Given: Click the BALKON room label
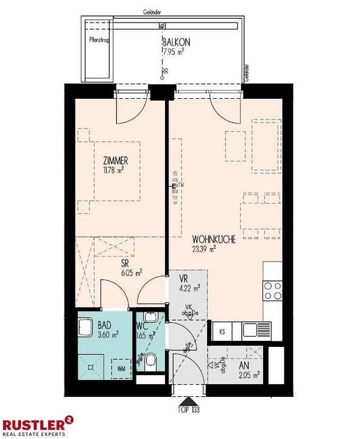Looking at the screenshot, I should point(176,43).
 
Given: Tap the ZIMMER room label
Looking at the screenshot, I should point(115,161).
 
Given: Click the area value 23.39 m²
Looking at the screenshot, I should point(205,249).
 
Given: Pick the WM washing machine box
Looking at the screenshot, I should point(121,368).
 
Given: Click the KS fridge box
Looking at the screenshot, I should point(222,332).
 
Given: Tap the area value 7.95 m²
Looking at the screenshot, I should point(173,52).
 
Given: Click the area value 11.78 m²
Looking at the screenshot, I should point(114,171).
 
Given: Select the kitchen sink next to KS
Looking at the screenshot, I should point(249,330).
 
